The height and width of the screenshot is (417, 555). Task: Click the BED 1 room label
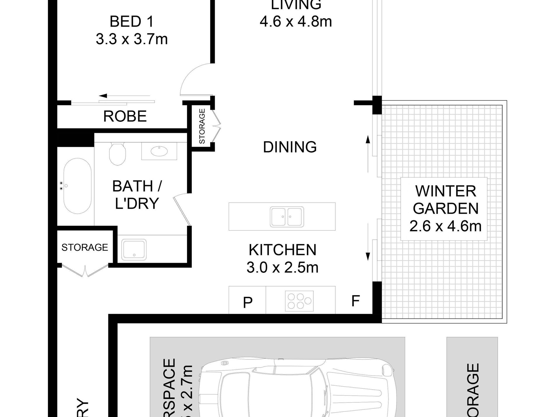coord(131,22)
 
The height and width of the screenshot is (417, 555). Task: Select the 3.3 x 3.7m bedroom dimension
coord(132,39)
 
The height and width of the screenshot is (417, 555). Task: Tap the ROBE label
coord(125,116)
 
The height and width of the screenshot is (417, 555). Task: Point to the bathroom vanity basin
coord(159,151)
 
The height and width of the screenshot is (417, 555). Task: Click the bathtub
coord(77,186)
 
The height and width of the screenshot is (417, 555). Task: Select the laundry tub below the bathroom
coord(134,250)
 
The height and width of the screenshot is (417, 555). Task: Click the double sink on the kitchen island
coord(287,217)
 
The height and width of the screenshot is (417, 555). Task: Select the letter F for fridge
coord(355,301)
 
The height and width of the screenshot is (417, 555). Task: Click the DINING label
coord(290,147)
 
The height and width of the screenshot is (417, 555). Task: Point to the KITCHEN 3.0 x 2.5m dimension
coord(282,267)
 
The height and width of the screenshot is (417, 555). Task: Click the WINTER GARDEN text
coord(445,200)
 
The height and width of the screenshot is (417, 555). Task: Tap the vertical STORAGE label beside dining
coord(202,126)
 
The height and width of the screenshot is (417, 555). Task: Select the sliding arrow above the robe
coord(124,96)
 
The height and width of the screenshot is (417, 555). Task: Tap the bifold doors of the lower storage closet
coord(85,271)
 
